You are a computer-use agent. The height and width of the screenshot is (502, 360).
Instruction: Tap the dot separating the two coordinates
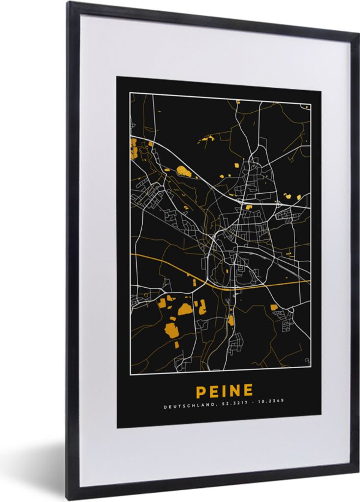tap(253, 406)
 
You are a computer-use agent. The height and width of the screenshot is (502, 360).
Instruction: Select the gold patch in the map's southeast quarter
tap(274, 307)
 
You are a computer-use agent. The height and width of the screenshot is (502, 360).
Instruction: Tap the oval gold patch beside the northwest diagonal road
tap(184, 171)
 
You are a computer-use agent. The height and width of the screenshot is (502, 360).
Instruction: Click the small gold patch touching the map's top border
tap(238, 102)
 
